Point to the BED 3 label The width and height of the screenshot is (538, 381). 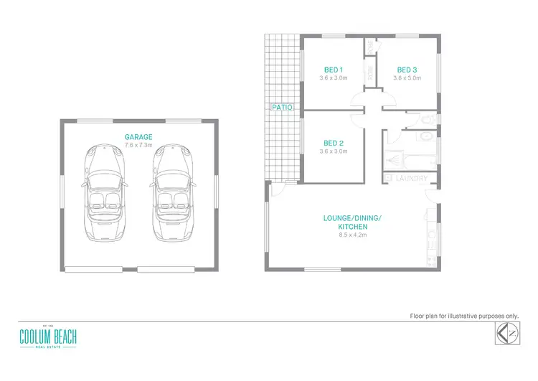(407, 70)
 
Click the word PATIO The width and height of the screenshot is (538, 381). (280, 107)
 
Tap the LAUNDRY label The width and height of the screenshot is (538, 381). (412, 178)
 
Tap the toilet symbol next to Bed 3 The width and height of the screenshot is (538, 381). (426, 118)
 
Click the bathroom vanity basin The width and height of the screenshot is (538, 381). (425, 136)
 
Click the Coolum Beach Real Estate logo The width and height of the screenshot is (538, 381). (49, 337)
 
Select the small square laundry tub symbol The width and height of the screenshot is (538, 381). (389, 177)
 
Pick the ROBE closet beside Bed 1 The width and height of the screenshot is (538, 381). (370, 72)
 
